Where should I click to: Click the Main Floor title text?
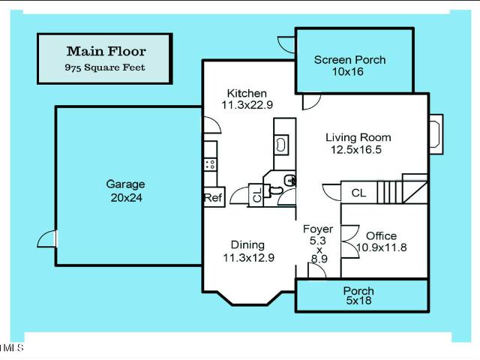(x=106, y=51)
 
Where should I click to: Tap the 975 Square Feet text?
(x=105, y=67)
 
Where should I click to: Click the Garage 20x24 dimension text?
(x=126, y=198)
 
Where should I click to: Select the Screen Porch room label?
(x=349, y=60)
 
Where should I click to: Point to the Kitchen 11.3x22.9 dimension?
(x=247, y=105)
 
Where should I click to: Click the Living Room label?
(x=358, y=137)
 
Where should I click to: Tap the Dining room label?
(x=247, y=245)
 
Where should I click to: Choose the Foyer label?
(x=318, y=229)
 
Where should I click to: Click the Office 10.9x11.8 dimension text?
(x=382, y=247)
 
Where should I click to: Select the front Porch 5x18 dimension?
(x=358, y=300)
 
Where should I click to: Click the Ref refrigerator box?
(x=214, y=197)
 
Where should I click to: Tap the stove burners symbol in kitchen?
(x=210, y=164)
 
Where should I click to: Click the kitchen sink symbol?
(x=281, y=145)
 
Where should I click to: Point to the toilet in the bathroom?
(x=275, y=190)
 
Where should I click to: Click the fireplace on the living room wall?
(x=436, y=134)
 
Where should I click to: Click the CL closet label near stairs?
(x=358, y=193)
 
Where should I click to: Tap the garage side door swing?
(x=47, y=238)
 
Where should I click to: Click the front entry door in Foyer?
(x=316, y=271)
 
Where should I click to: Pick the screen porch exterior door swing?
(x=286, y=44)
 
